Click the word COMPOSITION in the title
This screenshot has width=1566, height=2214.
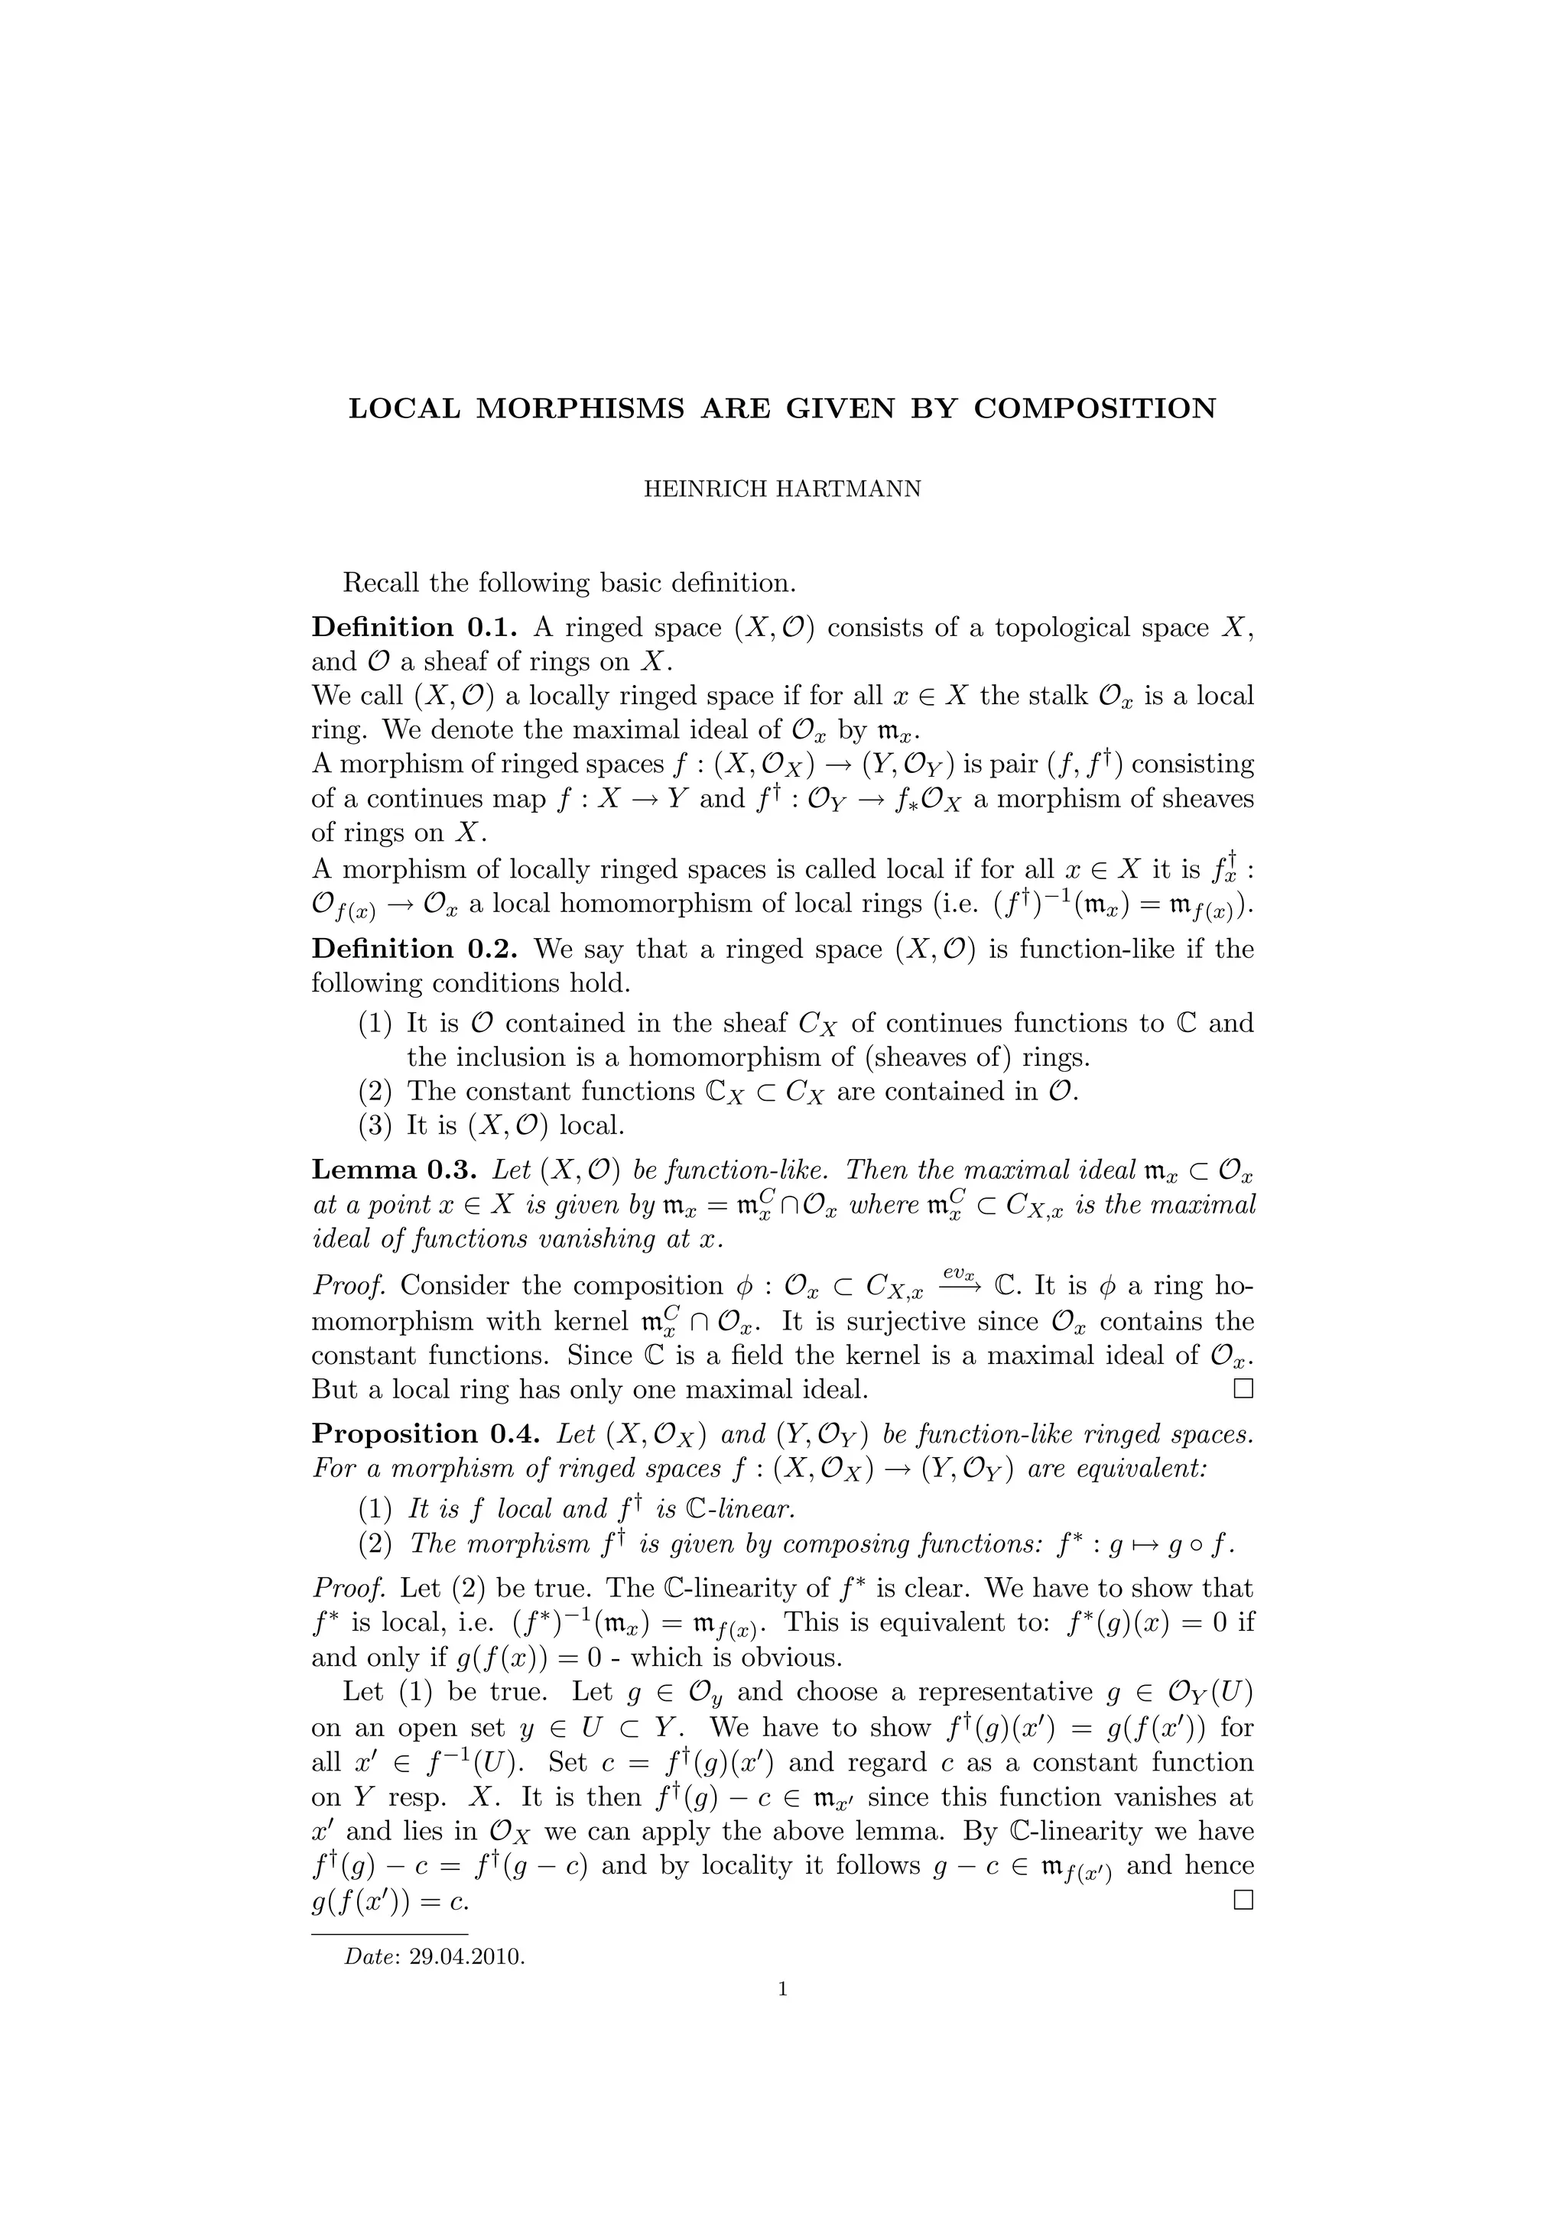(1094, 409)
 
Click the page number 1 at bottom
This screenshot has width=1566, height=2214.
(782, 1988)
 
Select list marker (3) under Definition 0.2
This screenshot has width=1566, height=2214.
(376, 1125)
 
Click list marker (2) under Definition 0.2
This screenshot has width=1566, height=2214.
(376, 1092)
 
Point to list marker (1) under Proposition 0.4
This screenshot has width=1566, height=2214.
(376, 1509)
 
